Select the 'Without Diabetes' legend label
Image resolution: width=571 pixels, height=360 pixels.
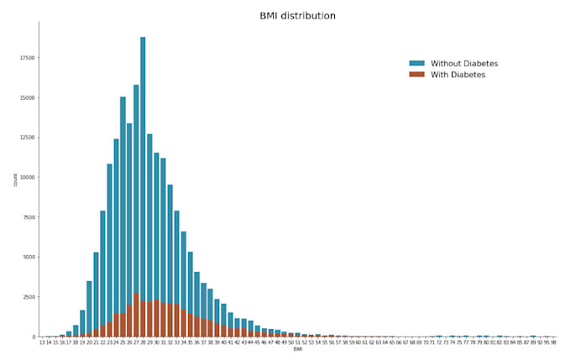pos(465,64)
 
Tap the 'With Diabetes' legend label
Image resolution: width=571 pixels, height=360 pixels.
pos(458,75)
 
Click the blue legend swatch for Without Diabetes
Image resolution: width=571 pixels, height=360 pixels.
pos(417,64)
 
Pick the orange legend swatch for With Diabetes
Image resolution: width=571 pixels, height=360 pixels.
pos(417,75)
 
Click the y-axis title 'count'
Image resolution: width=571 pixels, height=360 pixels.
pos(14,180)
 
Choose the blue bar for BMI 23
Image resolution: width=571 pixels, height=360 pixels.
pos(109,243)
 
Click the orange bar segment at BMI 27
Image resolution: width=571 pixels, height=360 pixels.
pos(136,316)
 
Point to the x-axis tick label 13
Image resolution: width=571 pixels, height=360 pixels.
pos(42,343)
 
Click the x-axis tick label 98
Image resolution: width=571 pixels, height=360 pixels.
pos(553,343)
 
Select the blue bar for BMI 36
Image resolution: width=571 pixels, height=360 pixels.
pos(196,294)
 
